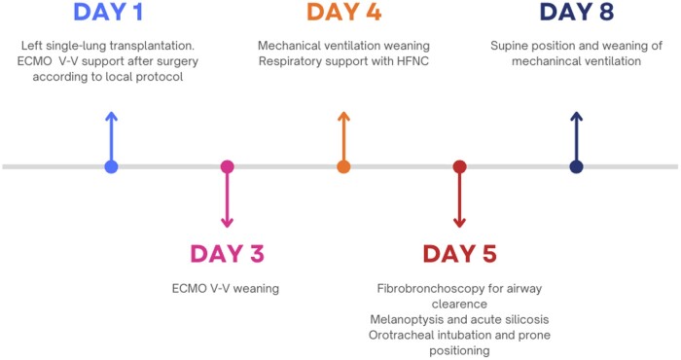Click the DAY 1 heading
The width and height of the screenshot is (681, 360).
click(x=108, y=12)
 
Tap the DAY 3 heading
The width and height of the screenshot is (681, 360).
click(x=227, y=254)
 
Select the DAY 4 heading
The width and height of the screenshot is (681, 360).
click(x=343, y=12)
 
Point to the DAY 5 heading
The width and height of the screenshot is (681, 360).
click(x=459, y=254)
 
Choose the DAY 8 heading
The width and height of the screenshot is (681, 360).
click(x=576, y=12)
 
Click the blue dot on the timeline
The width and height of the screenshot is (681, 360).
click(x=111, y=166)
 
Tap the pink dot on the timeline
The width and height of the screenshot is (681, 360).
click(x=227, y=166)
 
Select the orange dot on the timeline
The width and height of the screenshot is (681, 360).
click(x=343, y=166)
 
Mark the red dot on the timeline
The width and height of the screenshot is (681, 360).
click(x=459, y=166)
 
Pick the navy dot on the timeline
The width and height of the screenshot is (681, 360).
click(x=576, y=166)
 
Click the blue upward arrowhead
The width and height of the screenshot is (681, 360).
click(x=111, y=116)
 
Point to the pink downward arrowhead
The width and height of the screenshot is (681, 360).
click(x=227, y=223)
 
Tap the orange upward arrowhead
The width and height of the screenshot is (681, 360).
click(x=343, y=116)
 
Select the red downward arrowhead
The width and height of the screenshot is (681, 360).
click(x=459, y=223)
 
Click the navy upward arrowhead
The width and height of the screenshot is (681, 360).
click(x=576, y=116)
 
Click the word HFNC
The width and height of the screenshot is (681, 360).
click(x=412, y=61)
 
